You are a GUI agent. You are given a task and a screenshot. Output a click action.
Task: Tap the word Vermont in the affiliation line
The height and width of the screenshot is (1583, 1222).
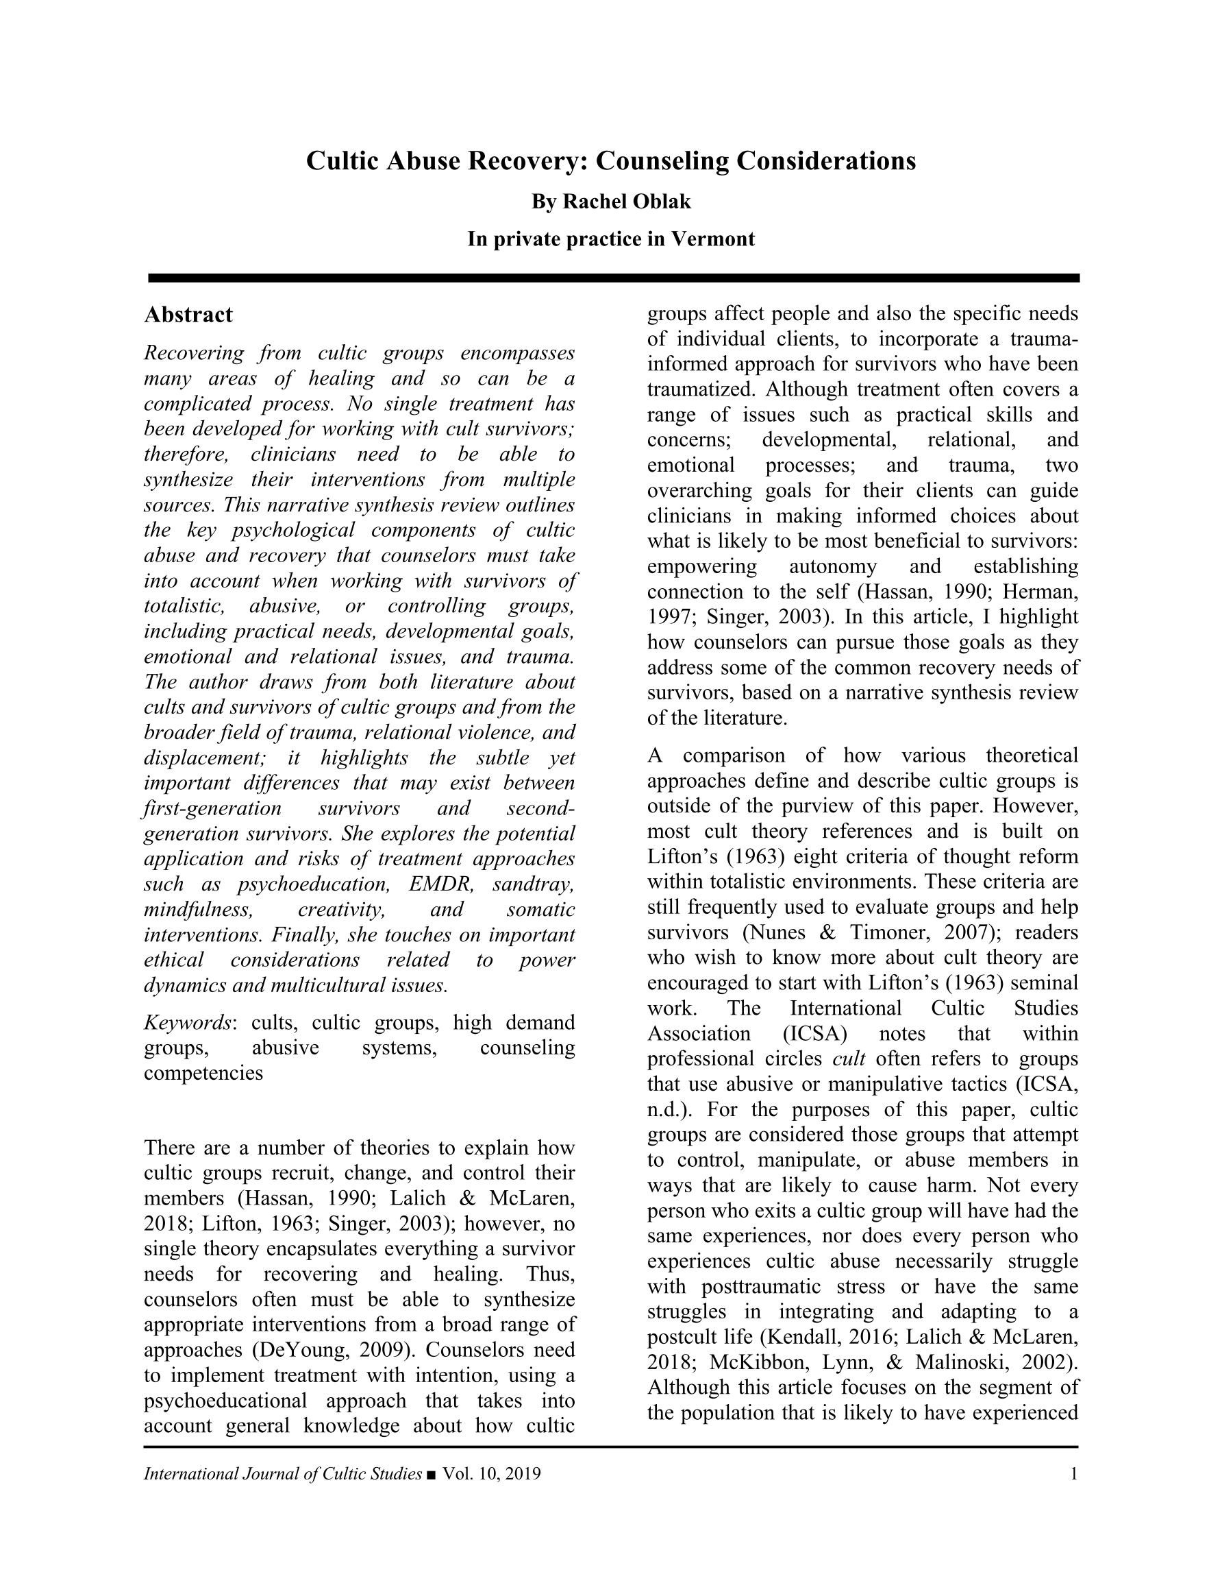(x=713, y=239)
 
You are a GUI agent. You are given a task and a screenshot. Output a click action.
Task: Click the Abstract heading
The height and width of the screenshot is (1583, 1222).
(x=188, y=315)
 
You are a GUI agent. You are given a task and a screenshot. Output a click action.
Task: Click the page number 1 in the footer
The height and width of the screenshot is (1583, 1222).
(x=1073, y=1473)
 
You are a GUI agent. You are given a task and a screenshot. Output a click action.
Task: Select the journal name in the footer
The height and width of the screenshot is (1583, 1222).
(x=282, y=1473)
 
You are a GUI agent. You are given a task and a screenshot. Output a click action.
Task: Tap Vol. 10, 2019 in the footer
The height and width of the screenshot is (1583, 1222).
(x=492, y=1473)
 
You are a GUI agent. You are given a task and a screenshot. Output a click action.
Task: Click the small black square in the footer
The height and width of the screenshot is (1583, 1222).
(x=432, y=1474)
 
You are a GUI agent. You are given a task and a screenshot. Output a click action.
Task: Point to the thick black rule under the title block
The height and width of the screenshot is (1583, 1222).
(x=613, y=278)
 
